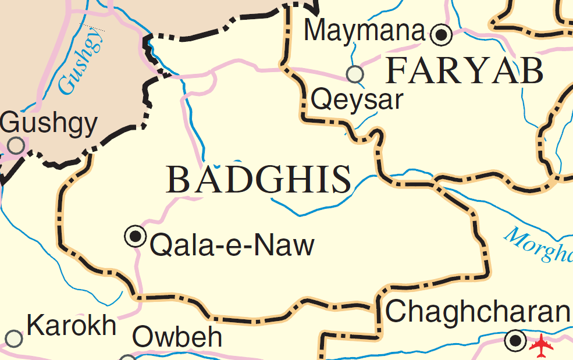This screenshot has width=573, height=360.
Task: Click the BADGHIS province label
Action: pyautogui.click(x=259, y=180)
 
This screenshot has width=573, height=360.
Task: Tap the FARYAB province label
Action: pyautogui.click(x=465, y=72)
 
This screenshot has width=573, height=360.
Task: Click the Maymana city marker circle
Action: pyautogui.click(x=442, y=35)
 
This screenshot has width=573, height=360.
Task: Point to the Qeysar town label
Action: pyautogui.click(x=357, y=100)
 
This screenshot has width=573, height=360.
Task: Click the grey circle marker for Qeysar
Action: pyautogui.click(x=355, y=74)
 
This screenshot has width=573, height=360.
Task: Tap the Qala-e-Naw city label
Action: pyautogui.click(x=232, y=245)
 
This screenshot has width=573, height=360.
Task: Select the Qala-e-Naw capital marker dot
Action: pyautogui.click(x=136, y=236)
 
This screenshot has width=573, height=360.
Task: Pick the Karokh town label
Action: pyautogui.click(x=72, y=326)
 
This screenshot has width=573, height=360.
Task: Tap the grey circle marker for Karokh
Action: pyautogui.click(x=13, y=338)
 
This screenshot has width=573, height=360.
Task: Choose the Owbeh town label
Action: pyautogui.click(x=177, y=337)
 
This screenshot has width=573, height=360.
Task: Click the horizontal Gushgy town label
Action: pyautogui.click(x=49, y=123)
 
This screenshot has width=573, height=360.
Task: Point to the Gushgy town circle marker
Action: pyautogui.click(x=16, y=145)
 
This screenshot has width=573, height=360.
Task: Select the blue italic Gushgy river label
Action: pyautogui.click(x=81, y=62)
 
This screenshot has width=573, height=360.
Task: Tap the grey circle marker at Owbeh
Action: pyautogui.click(x=127, y=358)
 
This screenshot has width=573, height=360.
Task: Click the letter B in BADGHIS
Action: pyautogui.click(x=178, y=180)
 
